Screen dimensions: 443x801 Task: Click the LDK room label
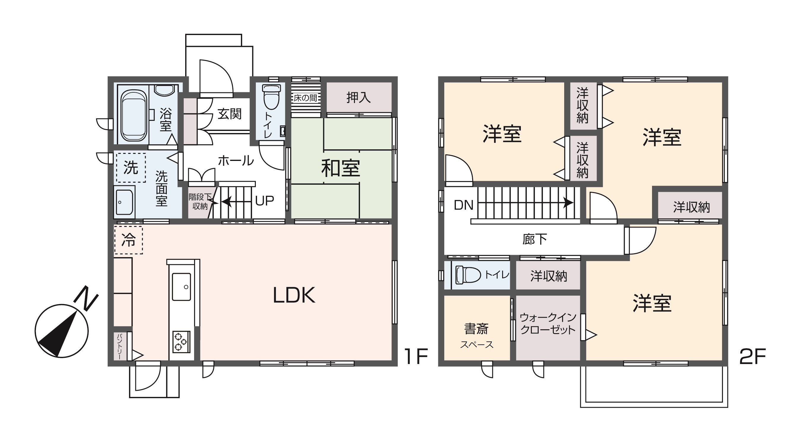[x=294, y=295]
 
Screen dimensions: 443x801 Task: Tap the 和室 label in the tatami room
[x=340, y=168]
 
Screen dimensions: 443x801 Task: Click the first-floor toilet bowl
[x=272, y=97]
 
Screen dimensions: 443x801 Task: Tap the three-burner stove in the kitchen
[x=181, y=341]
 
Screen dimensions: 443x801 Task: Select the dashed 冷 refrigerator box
[x=129, y=240]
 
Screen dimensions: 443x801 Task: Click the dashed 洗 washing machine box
[x=131, y=168]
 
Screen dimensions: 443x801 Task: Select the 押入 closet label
[x=359, y=98]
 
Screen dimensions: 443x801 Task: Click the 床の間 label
[x=305, y=98]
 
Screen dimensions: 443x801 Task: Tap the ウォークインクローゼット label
[x=548, y=324]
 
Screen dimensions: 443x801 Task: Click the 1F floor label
[x=416, y=357]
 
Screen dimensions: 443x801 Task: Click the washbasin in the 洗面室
[x=124, y=202]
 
